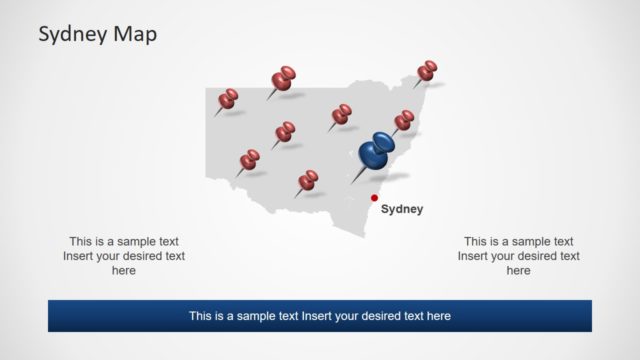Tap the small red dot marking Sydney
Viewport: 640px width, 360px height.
tap(375, 197)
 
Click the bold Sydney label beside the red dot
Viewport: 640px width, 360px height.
tap(402, 209)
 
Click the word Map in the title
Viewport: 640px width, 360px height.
tap(135, 34)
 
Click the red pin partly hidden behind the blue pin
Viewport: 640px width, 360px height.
tap(404, 120)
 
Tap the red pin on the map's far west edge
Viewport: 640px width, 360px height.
tap(228, 98)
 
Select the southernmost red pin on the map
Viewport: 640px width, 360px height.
tap(309, 179)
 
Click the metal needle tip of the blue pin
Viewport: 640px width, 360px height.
tap(352, 182)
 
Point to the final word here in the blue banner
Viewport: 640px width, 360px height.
tap(438, 316)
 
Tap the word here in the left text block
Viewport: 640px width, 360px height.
tap(124, 270)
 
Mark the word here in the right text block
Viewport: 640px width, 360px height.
tap(518, 270)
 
